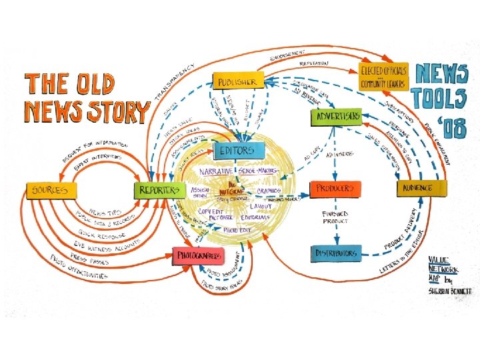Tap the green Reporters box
pos(157,189)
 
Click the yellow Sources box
pos(49,190)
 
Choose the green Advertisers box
pos(337,117)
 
